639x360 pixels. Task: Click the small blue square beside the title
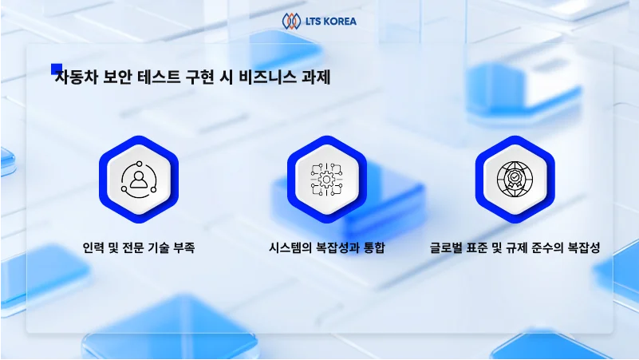[x=57, y=69]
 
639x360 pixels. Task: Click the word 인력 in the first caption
[x=93, y=248]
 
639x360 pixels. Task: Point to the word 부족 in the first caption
[x=183, y=248]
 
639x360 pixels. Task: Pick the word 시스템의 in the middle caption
[x=290, y=248]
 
